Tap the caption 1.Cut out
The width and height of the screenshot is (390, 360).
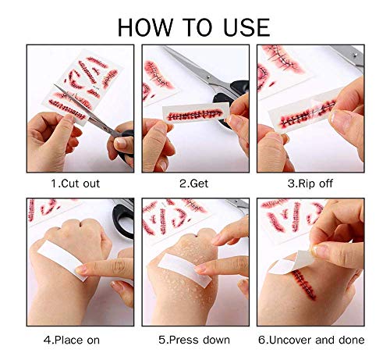click(x=76, y=184)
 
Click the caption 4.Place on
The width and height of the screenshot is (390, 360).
click(x=76, y=340)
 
